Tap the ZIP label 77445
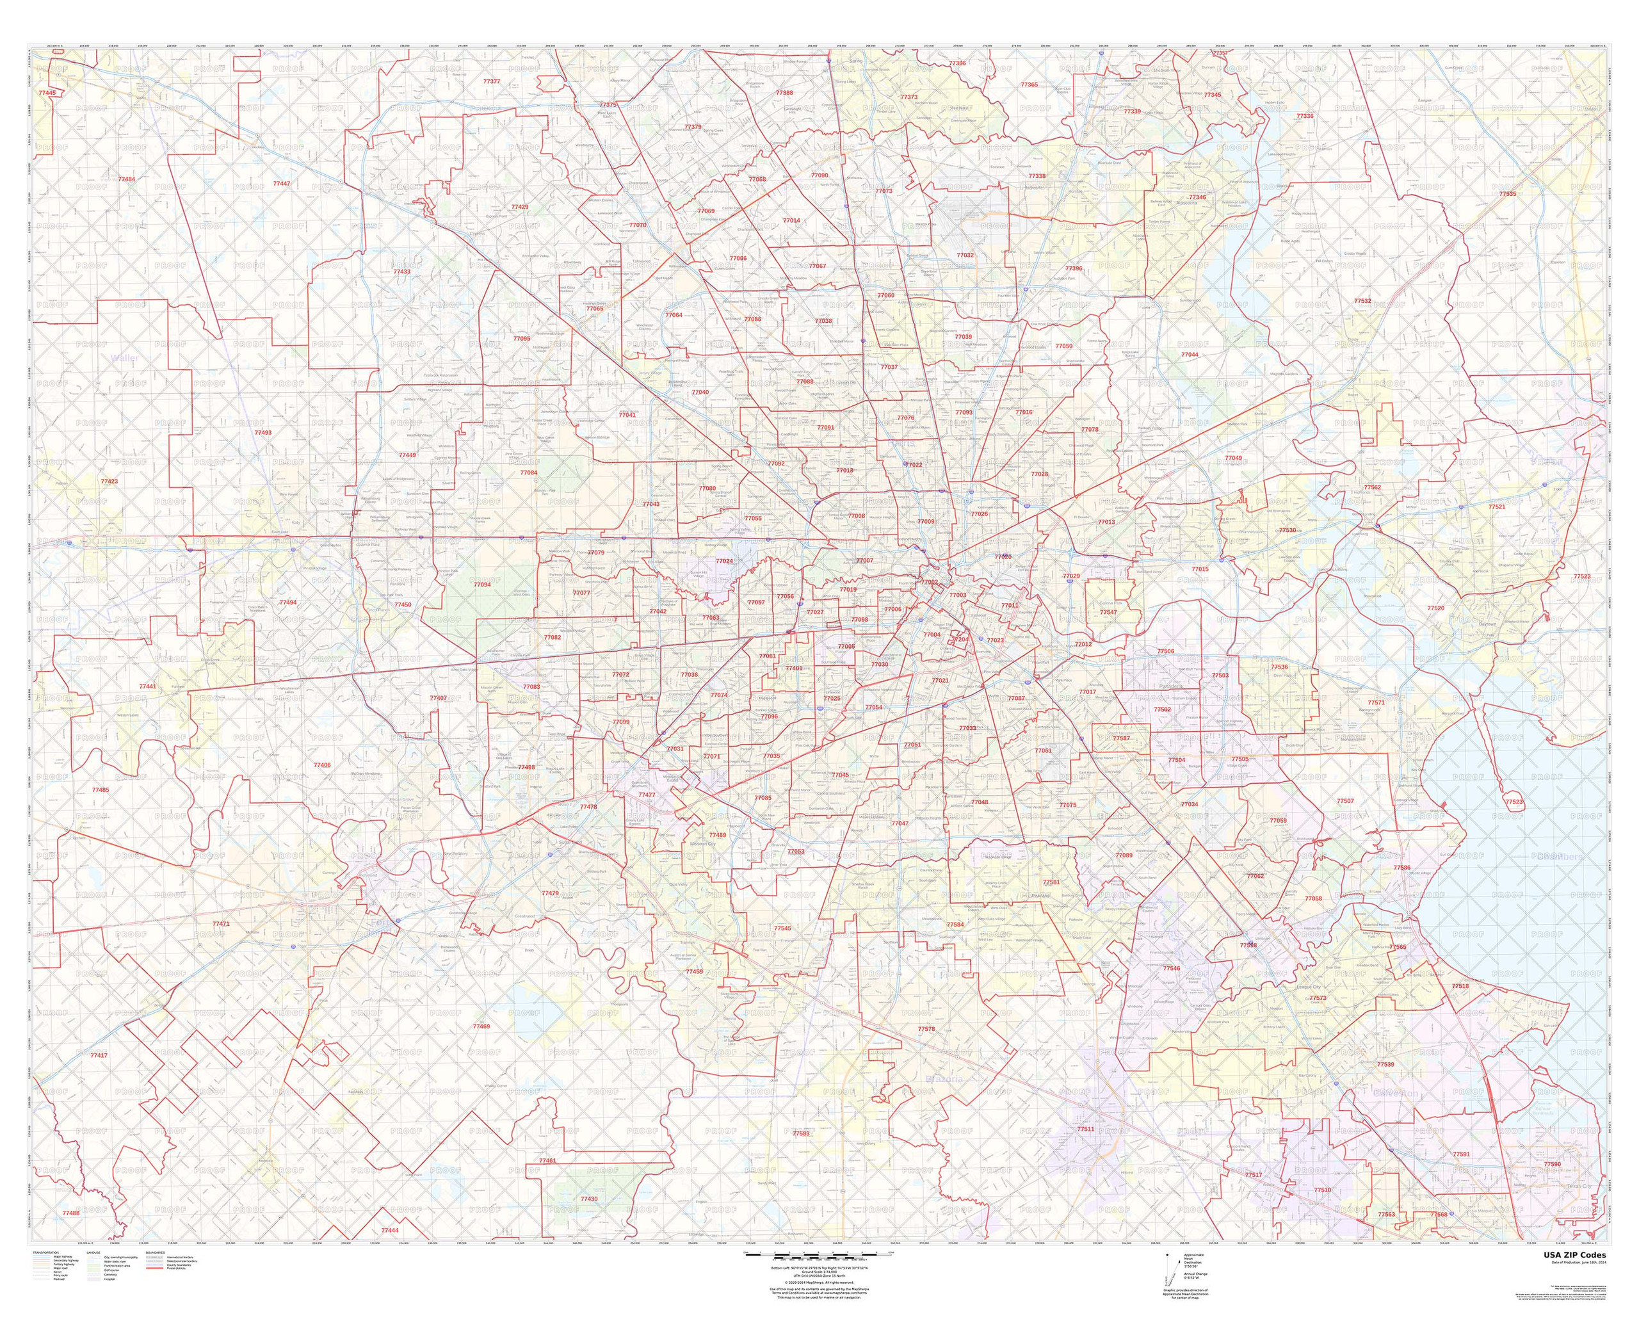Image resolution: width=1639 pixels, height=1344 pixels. coord(45,93)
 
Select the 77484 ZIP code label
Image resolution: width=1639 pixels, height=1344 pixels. coord(126,179)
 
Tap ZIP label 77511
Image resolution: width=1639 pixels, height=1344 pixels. coord(1085,1129)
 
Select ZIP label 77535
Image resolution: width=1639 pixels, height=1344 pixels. coord(1506,193)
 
